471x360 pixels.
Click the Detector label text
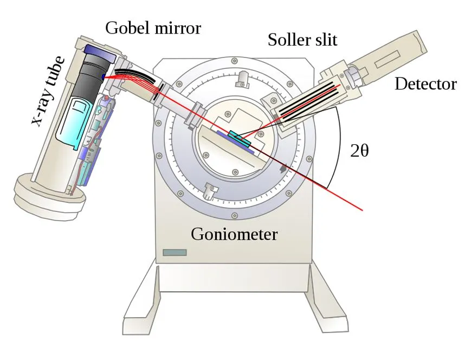[x=425, y=84]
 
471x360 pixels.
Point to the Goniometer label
[x=234, y=234]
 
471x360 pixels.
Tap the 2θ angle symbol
[x=359, y=151]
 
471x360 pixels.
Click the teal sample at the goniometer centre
[x=239, y=138]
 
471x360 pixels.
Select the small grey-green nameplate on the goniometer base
[x=175, y=252]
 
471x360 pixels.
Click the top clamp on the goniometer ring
[x=242, y=80]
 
